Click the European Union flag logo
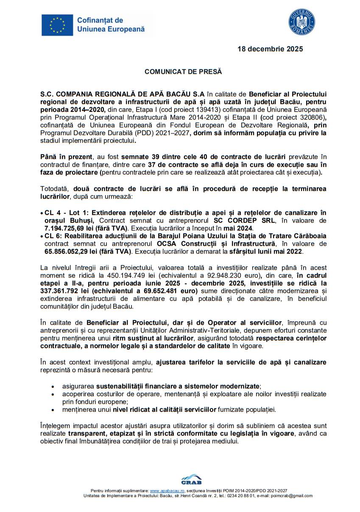(x=57, y=25)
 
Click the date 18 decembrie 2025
(x=270, y=49)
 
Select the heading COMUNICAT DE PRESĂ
(x=183, y=72)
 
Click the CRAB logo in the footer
(x=191, y=479)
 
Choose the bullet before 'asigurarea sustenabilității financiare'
(x=53, y=387)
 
